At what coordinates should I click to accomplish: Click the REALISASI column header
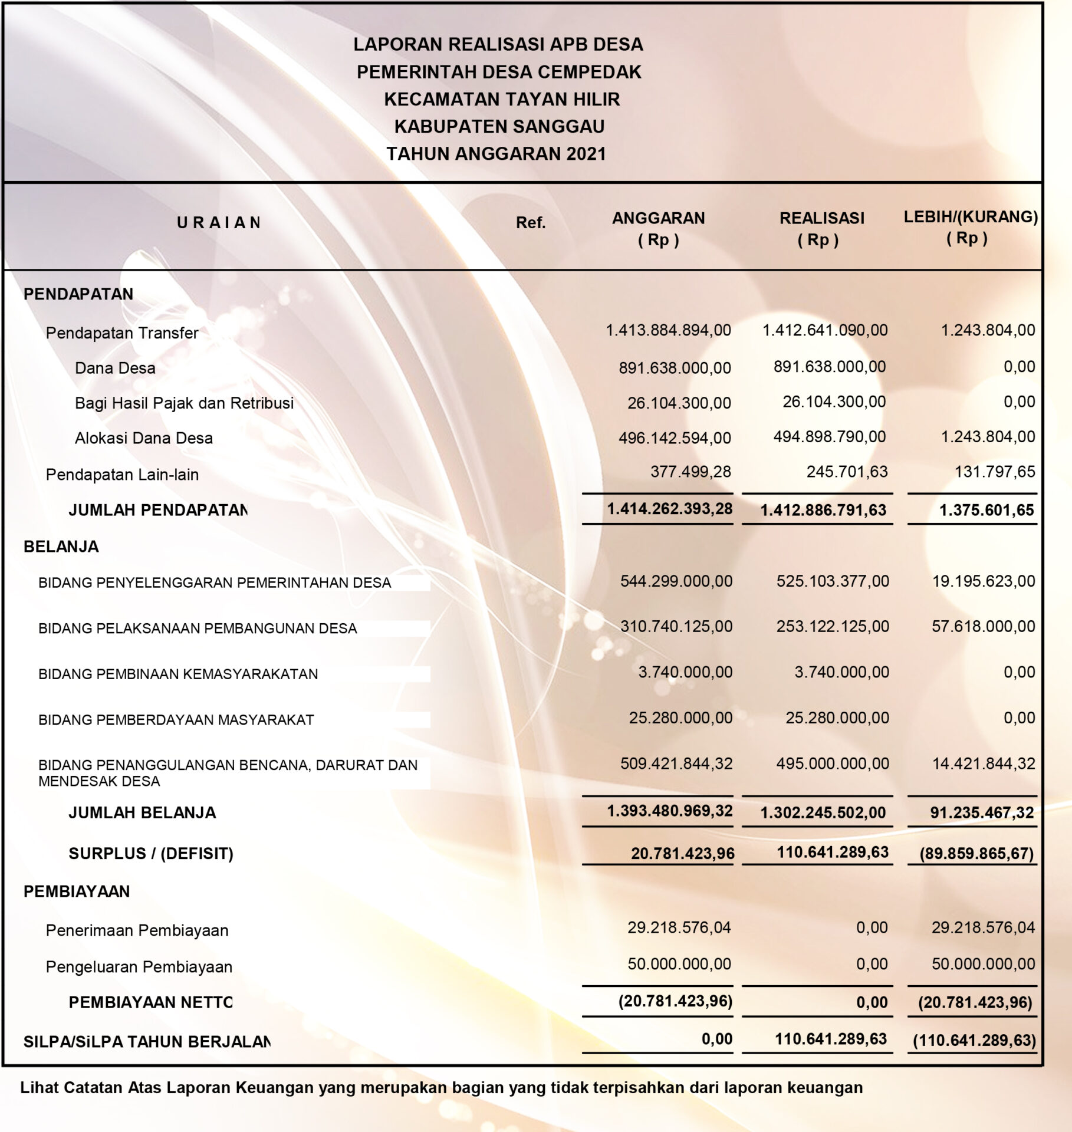(821, 219)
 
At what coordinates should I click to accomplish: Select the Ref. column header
(530, 223)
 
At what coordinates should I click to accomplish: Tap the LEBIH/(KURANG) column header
(970, 217)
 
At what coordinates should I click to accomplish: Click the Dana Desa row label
(115, 368)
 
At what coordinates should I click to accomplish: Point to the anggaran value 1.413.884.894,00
(668, 330)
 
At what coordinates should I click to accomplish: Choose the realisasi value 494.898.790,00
(829, 437)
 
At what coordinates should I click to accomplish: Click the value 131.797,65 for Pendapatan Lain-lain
(995, 472)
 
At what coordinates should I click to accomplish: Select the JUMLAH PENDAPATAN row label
(157, 510)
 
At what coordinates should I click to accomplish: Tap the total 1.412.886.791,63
(823, 510)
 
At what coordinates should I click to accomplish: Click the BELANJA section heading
(61, 547)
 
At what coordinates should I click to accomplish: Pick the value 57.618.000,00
(983, 626)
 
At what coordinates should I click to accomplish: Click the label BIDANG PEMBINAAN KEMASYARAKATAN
(178, 674)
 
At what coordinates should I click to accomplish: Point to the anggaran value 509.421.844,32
(676, 764)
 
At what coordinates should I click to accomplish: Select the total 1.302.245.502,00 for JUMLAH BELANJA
(823, 813)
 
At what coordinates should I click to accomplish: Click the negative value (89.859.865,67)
(976, 854)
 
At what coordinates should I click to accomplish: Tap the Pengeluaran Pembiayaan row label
(139, 967)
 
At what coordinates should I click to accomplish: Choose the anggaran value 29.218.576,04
(679, 927)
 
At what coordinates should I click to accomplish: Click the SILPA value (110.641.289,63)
(974, 1041)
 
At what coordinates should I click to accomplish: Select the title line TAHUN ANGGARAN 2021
(496, 154)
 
